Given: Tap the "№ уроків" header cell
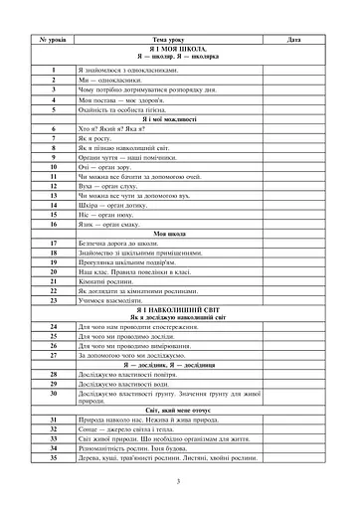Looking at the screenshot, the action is point(52,39).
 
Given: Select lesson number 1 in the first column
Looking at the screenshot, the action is point(52,71).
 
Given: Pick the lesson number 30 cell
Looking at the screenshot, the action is point(52,395).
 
